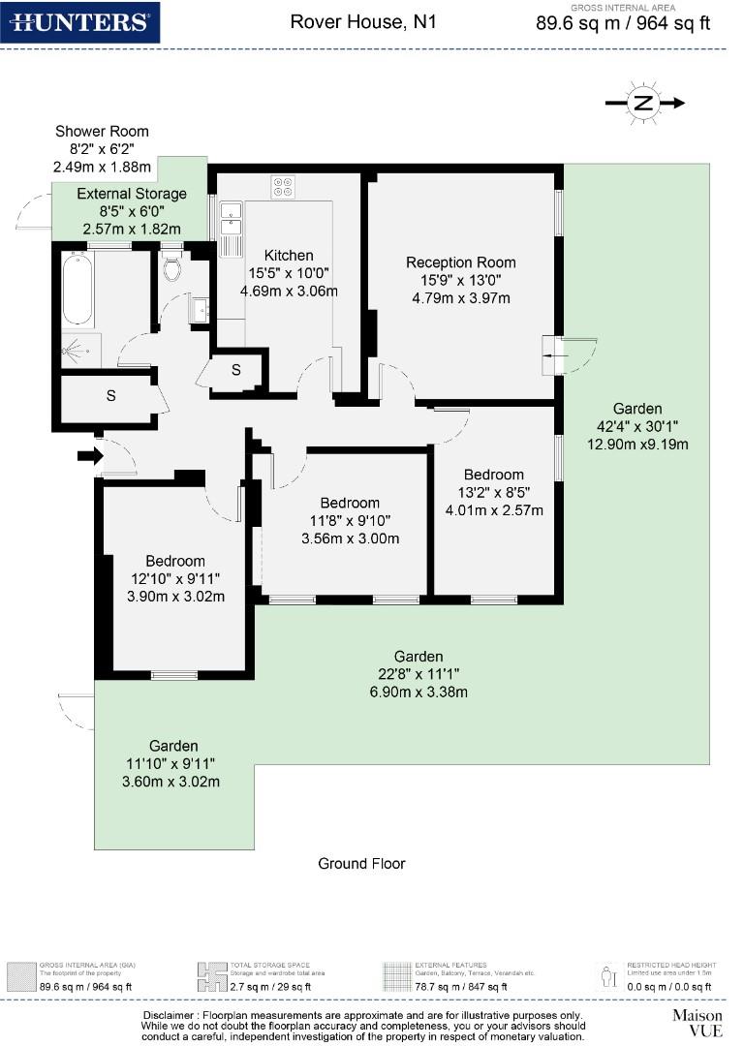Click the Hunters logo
coord(78,22)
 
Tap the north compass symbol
coord(644,103)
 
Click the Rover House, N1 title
coord(363,20)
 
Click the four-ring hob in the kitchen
coord(283,186)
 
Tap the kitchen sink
coord(231,220)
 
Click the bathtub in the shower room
coord(77,290)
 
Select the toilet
coord(172,267)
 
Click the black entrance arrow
coord(90,455)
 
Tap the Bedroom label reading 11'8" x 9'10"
coord(350,520)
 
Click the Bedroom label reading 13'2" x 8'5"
coord(493,492)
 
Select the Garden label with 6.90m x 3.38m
coord(418,674)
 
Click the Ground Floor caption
coord(362,863)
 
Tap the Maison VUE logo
coord(697,1022)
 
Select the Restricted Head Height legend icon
coord(608,974)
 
